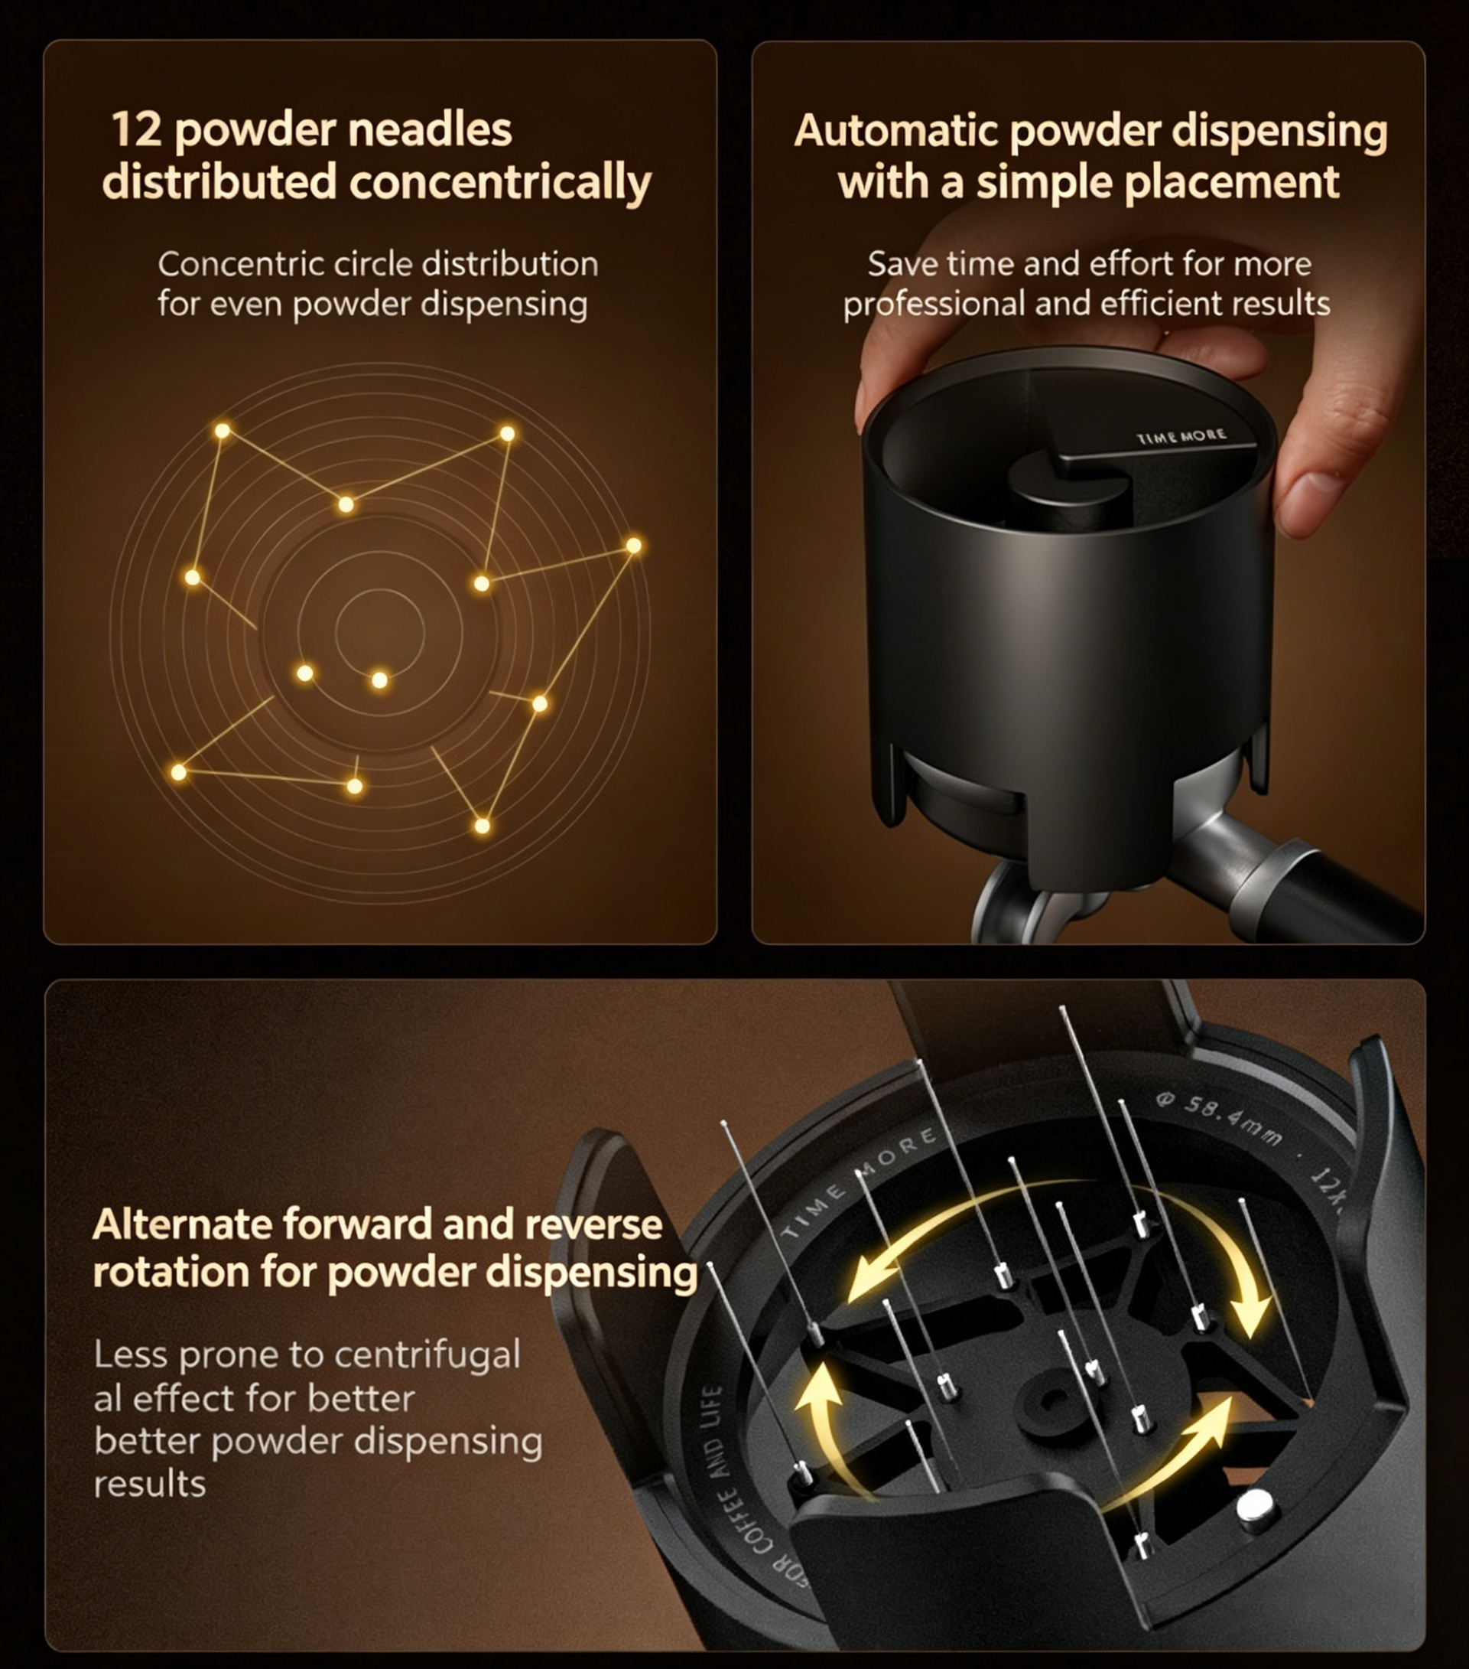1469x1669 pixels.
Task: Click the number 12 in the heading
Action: coord(136,130)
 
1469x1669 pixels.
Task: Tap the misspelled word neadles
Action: coord(430,130)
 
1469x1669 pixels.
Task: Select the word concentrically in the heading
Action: coord(500,182)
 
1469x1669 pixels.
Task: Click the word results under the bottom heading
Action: coord(149,1484)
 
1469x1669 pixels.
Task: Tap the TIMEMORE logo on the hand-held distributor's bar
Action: coord(1181,436)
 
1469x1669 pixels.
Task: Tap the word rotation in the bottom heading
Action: coord(169,1272)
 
